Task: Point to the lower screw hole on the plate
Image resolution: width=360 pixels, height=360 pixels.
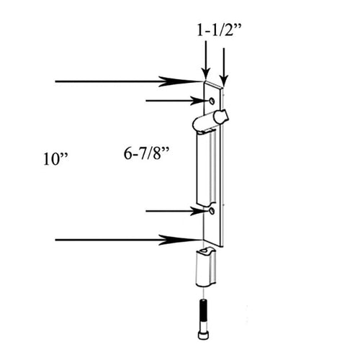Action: tap(211, 212)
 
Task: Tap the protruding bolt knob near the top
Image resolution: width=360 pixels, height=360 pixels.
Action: tap(219, 117)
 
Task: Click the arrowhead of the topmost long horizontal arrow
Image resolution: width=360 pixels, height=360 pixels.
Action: tap(192, 81)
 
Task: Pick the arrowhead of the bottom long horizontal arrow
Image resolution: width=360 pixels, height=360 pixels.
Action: tap(192, 239)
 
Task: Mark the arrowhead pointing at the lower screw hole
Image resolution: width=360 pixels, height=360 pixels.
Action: tap(197, 211)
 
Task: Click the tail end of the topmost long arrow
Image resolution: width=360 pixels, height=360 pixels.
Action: tap(56, 81)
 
